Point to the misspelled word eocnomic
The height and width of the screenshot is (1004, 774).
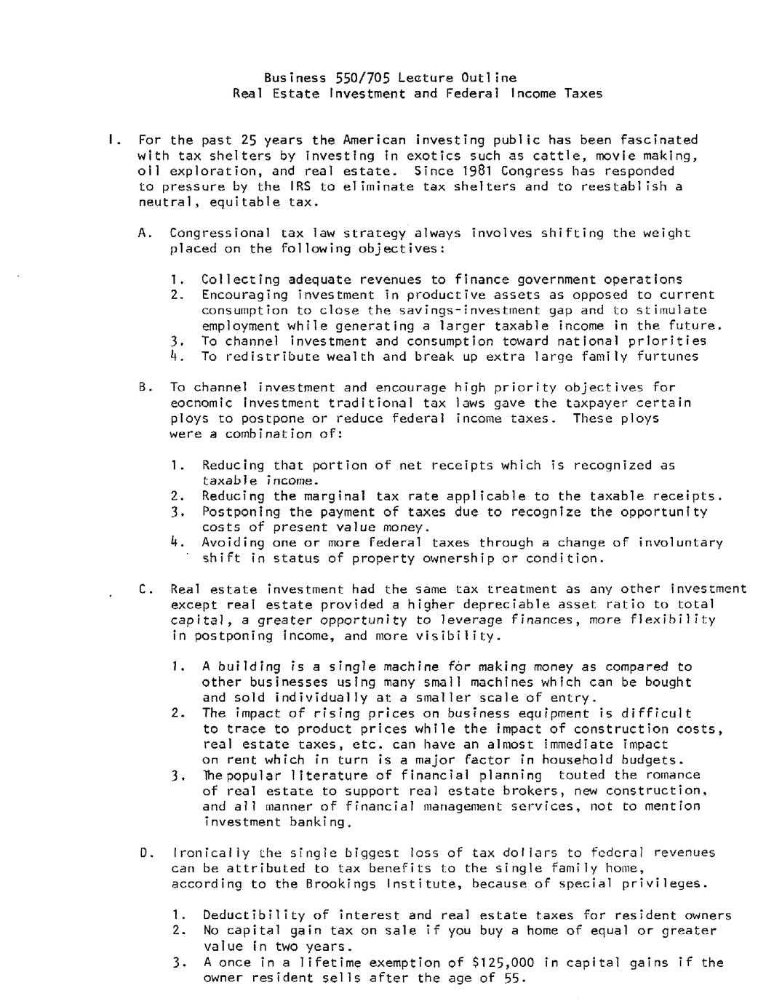click(x=201, y=403)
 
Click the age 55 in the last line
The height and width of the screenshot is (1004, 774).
click(x=511, y=979)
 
